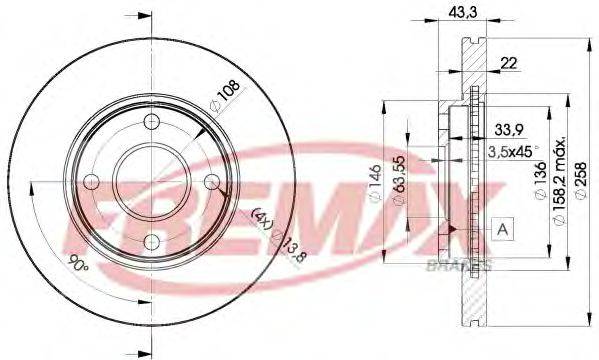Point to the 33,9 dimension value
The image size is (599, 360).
tap(510, 129)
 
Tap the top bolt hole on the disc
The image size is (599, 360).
tap(151, 121)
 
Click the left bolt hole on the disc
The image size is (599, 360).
tap(90, 183)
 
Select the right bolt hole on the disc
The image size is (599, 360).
tap(212, 183)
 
